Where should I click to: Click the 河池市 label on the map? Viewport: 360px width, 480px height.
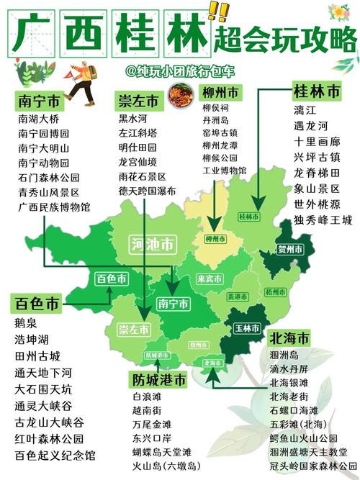pyautogui.click(x=153, y=244)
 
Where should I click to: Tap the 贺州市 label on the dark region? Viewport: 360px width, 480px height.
pyautogui.click(x=289, y=250)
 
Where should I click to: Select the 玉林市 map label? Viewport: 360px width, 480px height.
pyautogui.click(x=247, y=327)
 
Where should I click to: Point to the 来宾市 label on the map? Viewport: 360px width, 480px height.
pyautogui.click(x=210, y=279)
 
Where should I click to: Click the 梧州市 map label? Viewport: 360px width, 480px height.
pyautogui.click(x=274, y=292)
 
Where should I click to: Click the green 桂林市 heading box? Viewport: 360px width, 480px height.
pyautogui.click(x=316, y=92)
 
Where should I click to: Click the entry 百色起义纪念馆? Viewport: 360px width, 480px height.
pyautogui.click(x=54, y=456)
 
